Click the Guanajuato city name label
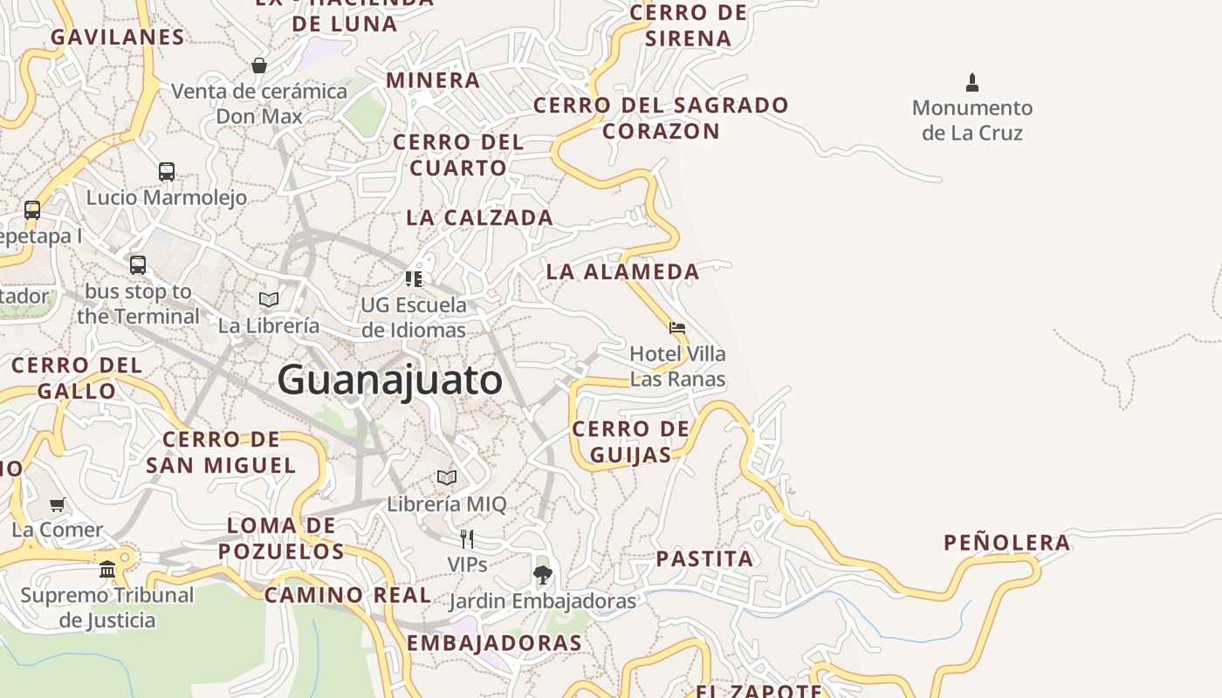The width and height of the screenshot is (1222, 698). (390, 380)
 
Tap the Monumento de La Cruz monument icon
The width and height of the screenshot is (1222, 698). (972, 83)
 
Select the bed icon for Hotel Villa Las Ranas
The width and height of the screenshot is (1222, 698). (676, 328)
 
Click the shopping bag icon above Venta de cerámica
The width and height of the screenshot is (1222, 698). (259, 65)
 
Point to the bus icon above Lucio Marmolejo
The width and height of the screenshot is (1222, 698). (167, 171)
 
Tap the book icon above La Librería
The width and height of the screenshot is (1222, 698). (269, 299)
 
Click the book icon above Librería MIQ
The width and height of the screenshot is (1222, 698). (447, 477)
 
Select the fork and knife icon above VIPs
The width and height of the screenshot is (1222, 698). (467, 538)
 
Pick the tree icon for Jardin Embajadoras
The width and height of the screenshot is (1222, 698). (542, 574)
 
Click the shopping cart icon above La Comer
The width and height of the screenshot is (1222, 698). (58, 504)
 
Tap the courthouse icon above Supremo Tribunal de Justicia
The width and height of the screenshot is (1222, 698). (107, 569)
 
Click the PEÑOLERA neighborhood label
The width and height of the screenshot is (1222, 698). (1007, 543)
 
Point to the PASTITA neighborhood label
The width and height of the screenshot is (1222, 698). (704, 558)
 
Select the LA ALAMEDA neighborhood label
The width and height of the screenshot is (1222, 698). (622, 271)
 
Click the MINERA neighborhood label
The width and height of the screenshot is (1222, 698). (433, 80)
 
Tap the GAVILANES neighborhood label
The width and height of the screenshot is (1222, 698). (117, 37)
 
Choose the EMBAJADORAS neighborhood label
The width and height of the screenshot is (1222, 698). (494, 643)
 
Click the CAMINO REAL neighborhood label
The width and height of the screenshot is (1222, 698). (347, 595)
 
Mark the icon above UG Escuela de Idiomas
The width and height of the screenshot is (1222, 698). (414, 279)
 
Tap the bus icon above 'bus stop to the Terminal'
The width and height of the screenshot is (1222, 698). (138, 264)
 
